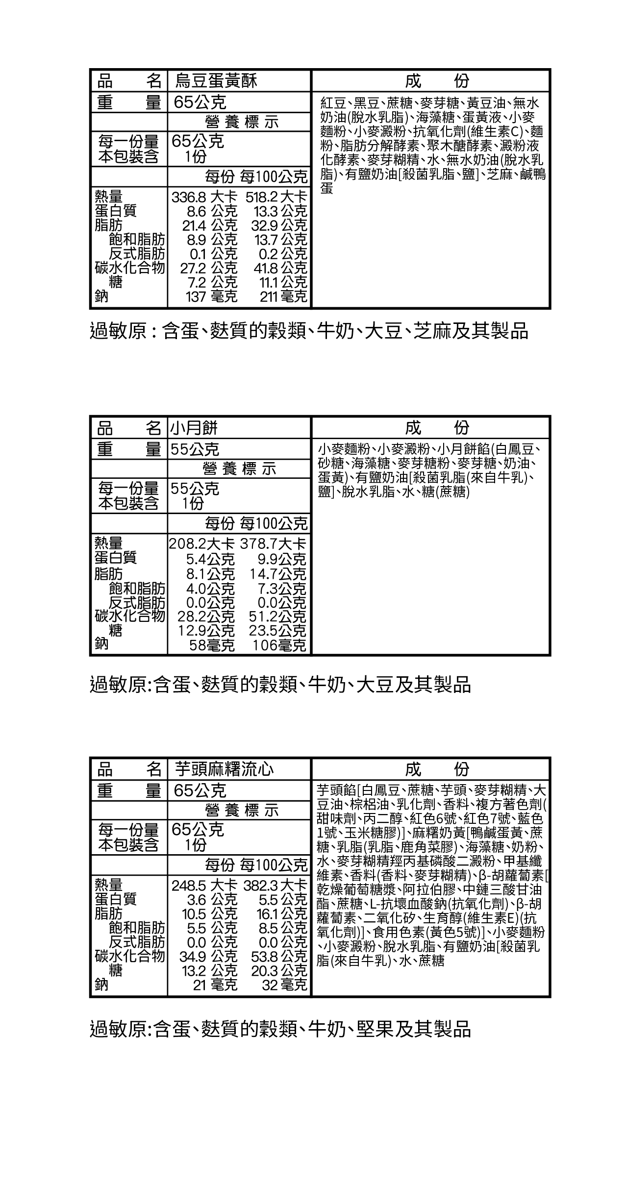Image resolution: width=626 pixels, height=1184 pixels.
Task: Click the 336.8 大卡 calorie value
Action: (204, 197)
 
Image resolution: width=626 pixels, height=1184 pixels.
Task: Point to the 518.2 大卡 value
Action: (276, 197)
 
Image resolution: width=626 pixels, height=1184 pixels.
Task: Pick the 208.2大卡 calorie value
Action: (201, 543)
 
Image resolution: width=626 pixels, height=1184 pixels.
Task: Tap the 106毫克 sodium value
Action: (279, 645)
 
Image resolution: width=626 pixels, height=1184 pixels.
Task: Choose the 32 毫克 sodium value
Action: (284, 985)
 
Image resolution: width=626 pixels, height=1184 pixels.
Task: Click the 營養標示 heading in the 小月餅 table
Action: (240, 469)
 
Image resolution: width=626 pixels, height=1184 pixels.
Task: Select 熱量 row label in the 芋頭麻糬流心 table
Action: (108, 885)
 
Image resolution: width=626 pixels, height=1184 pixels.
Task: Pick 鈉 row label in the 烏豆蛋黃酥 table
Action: (101, 296)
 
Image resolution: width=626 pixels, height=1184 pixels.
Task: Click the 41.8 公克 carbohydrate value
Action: (280, 268)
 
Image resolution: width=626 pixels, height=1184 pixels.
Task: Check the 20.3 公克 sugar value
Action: (279, 970)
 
